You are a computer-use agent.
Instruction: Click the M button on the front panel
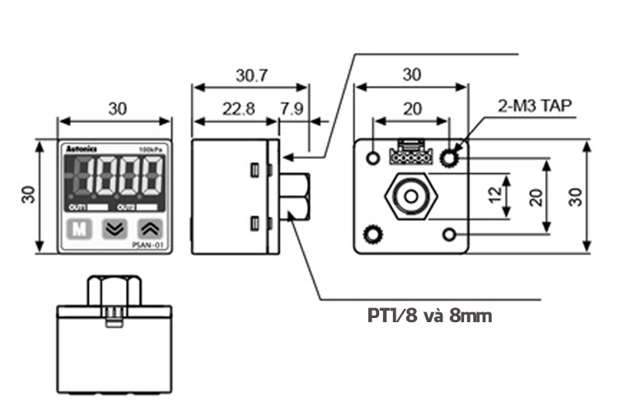pyautogui.click(x=78, y=229)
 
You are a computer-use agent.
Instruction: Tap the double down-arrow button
pyautogui.click(x=114, y=229)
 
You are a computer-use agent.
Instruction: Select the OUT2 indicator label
pyautogui.click(x=125, y=206)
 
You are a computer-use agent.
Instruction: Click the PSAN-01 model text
pyautogui.click(x=148, y=246)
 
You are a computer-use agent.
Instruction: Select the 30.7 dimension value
pyautogui.click(x=251, y=76)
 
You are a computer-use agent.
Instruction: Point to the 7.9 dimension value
pyautogui.click(x=291, y=109)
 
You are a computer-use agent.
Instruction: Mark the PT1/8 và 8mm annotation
pyautogui.click(x=429, y=315)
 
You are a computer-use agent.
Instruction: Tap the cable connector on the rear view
pyautogui.click(x=408, y=153)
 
